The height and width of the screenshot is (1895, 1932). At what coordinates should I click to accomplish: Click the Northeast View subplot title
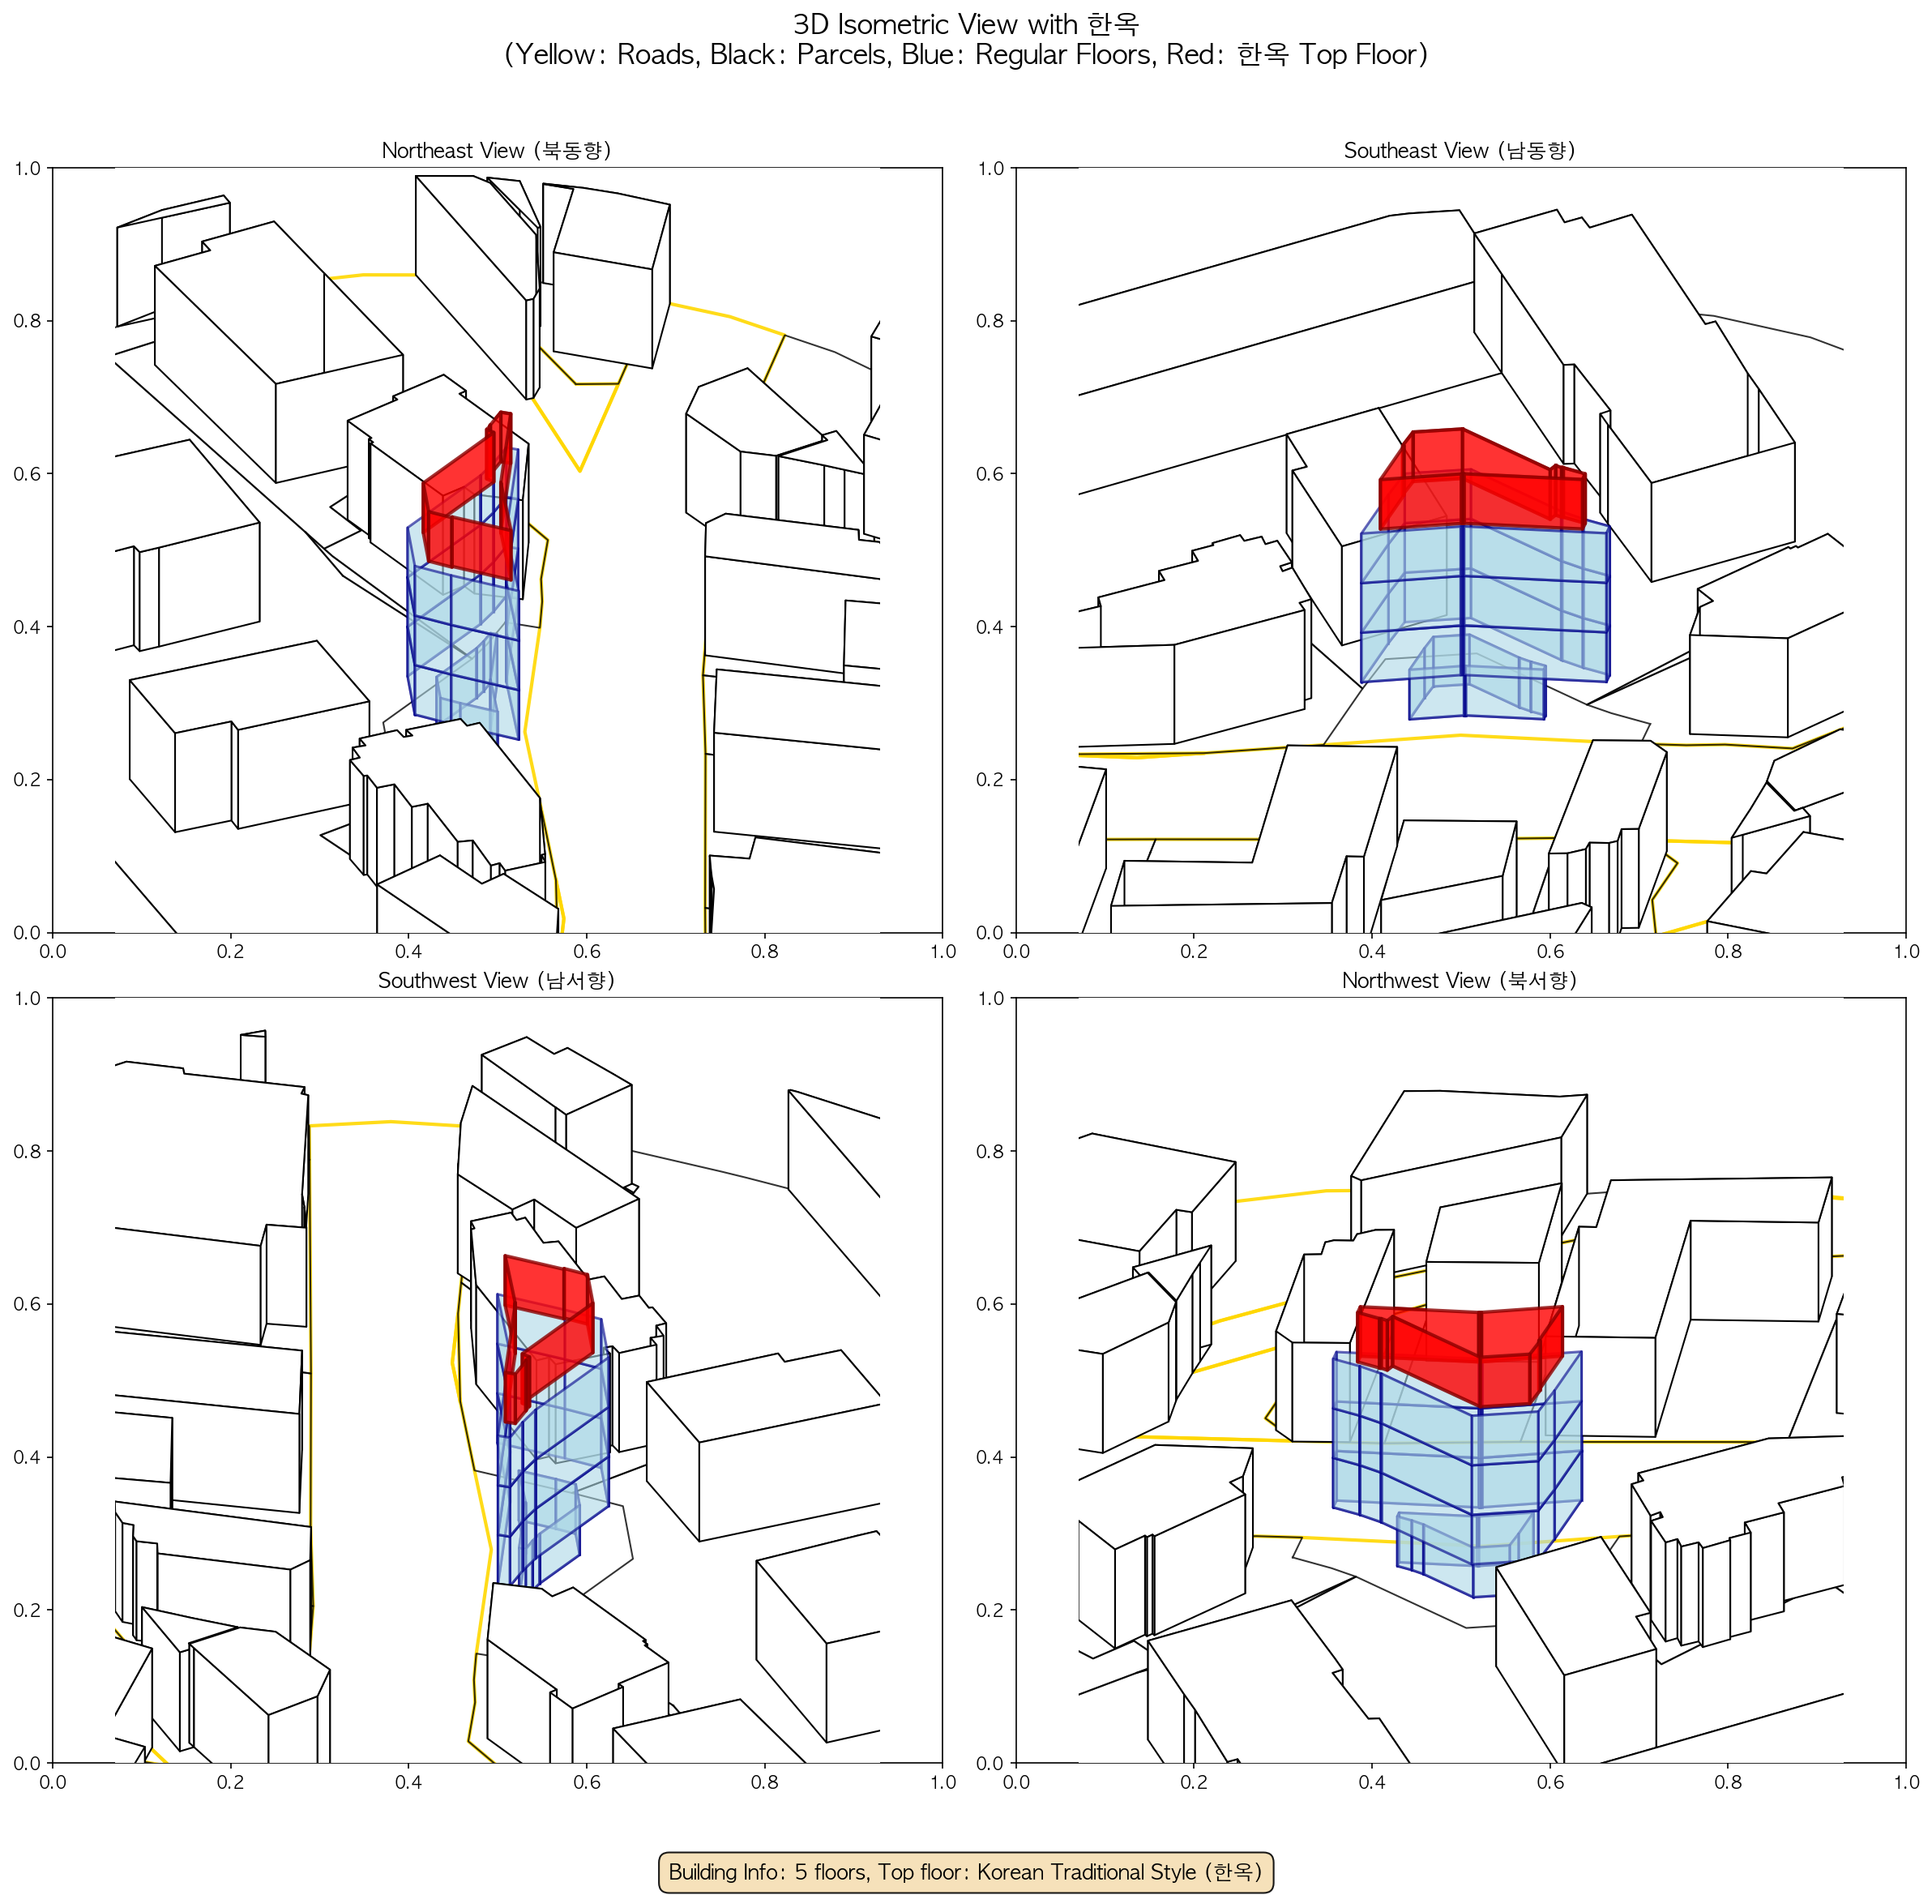[496, 150]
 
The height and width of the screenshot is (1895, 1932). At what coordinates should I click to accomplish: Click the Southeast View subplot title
[1460, 150]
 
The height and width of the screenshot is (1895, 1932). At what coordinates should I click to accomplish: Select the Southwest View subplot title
[496, 981]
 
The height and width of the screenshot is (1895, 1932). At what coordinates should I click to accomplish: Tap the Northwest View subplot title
[1460, 981]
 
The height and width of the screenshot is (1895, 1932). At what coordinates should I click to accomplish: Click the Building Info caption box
[965, 1871]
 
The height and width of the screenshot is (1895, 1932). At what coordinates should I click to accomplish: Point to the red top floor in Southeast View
[1482, 480]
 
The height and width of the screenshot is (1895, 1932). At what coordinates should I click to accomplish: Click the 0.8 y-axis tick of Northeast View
[27, 320]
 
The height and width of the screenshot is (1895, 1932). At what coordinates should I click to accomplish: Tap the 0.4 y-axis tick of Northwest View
[990, 1457]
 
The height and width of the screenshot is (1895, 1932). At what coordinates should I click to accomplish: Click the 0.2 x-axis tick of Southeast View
[1194, 952]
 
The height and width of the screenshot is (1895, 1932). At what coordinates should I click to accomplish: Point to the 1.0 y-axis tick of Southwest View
[27, 999]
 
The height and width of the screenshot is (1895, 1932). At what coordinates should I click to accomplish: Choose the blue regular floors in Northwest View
[1457, 1463]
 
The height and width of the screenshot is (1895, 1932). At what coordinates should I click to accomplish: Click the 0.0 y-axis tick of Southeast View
[990, 933]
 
